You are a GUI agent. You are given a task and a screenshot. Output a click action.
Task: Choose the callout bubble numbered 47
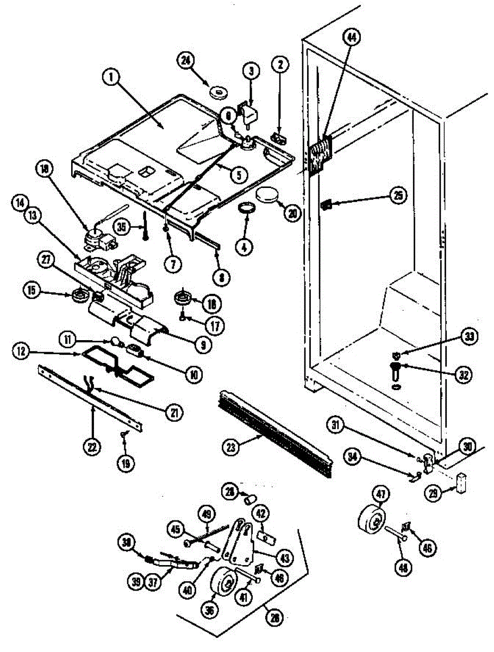tap(380, 494)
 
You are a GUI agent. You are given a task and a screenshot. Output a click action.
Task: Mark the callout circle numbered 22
tap(92, 448)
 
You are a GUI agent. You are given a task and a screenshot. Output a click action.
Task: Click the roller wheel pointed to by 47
tap(372, 521)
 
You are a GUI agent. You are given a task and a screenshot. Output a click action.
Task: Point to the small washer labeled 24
tap(220, 93)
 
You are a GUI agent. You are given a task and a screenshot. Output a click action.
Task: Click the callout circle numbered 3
tap(251, 70)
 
